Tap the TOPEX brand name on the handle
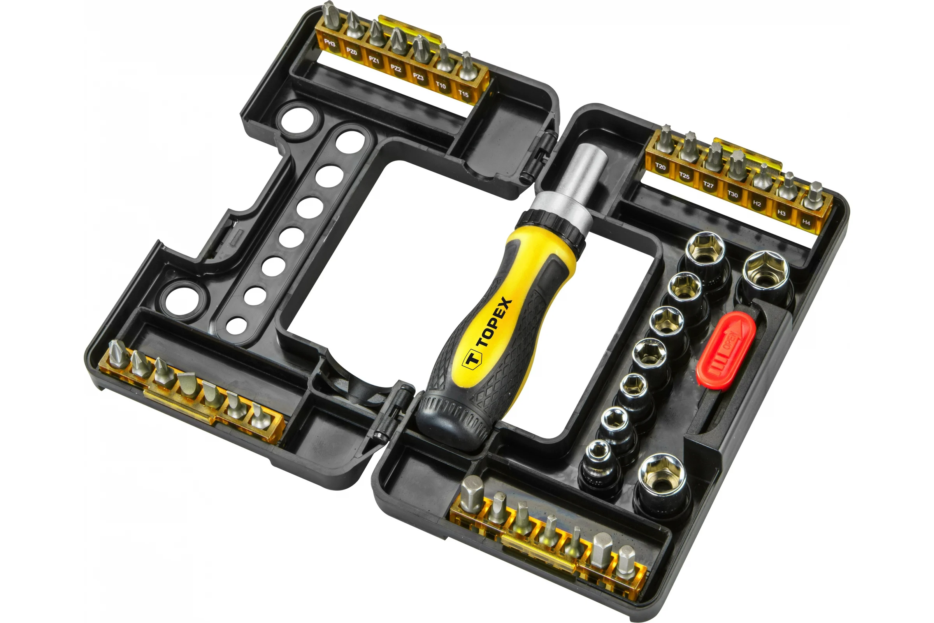pos(494,322)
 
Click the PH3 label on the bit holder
pos(330,43)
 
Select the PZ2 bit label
pos(396,69)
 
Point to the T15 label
pos(463,94)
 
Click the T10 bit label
pos(441,85)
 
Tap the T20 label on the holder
pos(660,167)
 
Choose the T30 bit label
pos(733,194)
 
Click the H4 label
pos(806,222)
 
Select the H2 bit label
pos(757,204)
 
